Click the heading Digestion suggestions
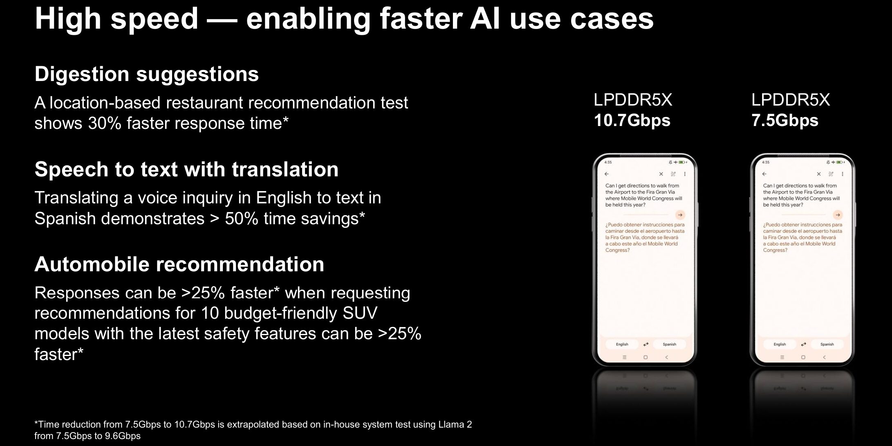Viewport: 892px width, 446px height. pyautogui.click(x=147, y=74)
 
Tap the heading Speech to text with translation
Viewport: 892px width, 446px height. pyautogui.click(x=187, y=169)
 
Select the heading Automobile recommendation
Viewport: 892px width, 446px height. pyautogui.click(x=179, y=264)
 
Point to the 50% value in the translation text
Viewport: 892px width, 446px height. pyautogui.click(x=242, y=218)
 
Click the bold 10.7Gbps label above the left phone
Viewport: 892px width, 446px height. pyautogui.click(x=632, y=121)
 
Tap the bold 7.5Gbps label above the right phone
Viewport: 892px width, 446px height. pyautogui.click(x=785, y=121)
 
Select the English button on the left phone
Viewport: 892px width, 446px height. pyautogui.click(x=622, y=344)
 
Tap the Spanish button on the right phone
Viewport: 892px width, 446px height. pyautogui.click(x=827, y=344)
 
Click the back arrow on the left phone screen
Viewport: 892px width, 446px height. pyautogui.click(x=607, y=174)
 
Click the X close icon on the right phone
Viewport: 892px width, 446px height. pyautogui.click(x=819, y=174)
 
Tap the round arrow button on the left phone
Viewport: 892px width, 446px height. pyautogui.click(x=680, y=215)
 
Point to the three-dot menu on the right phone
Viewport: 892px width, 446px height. pyautogui.click(x=843, y=174)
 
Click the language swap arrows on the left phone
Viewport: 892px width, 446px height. pyautogui.click(x=646, y=344)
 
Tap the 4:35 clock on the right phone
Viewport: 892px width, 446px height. pyautogui.click(x=766, y=162)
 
